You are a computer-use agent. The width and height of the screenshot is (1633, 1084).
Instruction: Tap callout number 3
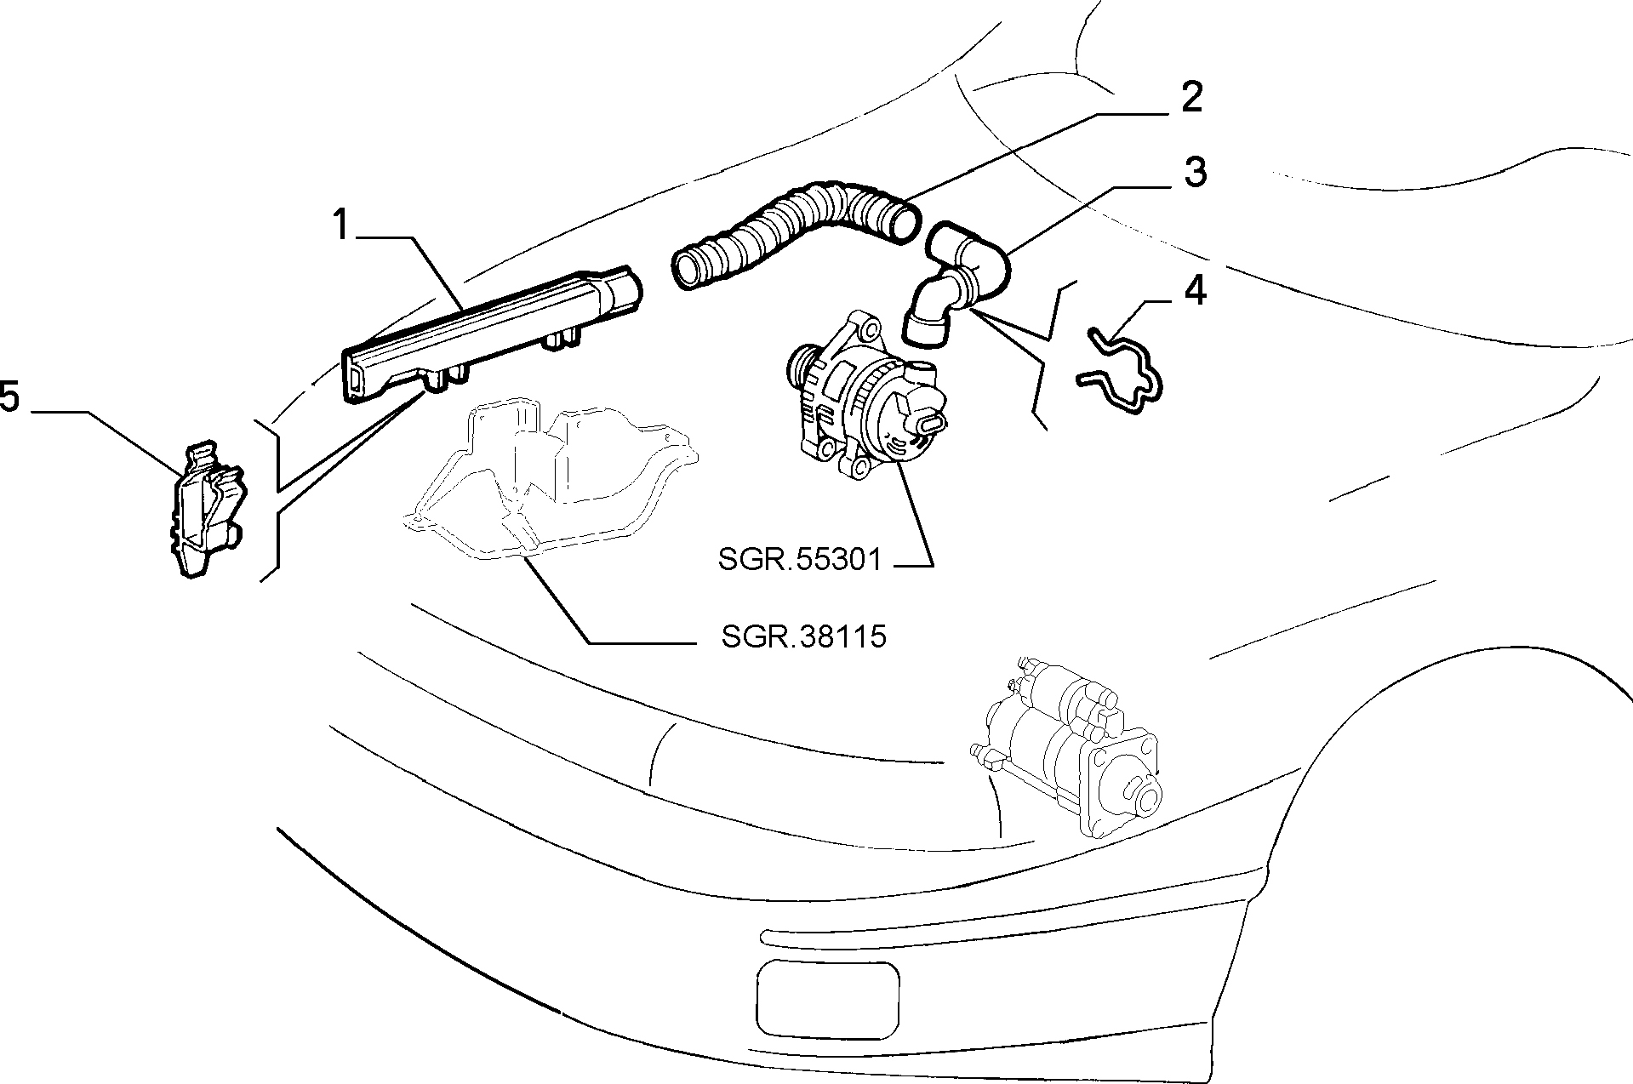(x=1195, y=173)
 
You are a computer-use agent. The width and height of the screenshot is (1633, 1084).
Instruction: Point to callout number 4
(x=1196, y=291)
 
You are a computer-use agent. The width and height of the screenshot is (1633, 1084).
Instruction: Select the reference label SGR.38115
(x=804, y=636)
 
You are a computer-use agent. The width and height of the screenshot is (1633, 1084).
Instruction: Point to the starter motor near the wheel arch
(x=1068, y=757)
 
